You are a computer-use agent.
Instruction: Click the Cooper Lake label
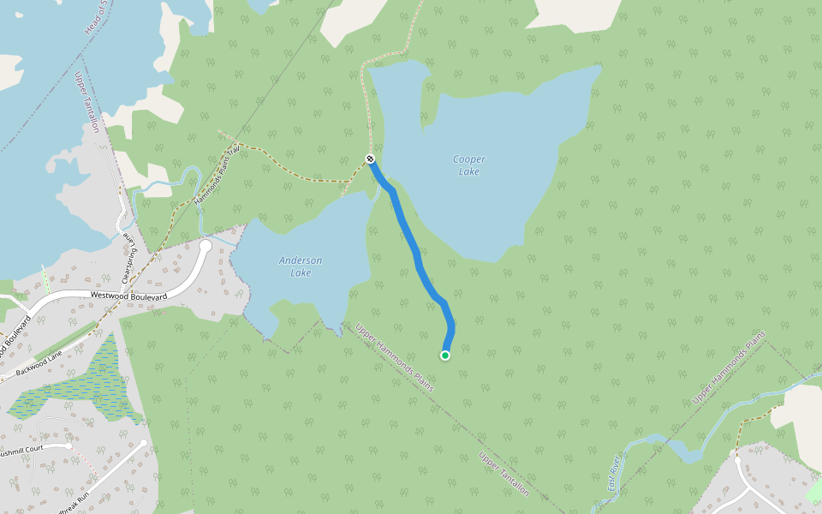tap(468, 165)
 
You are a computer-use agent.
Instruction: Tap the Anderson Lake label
tap(301, 266)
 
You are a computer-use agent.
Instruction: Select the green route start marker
tap(445, 355)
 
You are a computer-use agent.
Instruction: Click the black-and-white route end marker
tap(370, 158)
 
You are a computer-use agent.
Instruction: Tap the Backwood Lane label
tap(39, 359)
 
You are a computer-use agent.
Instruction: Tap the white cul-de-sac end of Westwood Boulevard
tap(205, 246)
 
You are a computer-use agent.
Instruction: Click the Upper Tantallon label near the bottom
tap(503, 475)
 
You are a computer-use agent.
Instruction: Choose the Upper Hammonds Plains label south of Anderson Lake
tap(395, 357)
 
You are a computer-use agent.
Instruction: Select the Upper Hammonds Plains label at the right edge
tap(728, 368)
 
